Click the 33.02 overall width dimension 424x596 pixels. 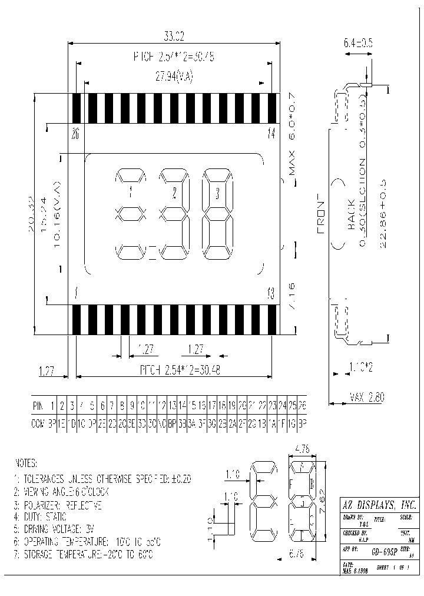click(x=174, y=37)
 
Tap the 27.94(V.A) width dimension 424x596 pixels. click(x=174, y=77)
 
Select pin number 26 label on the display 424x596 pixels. click(x=75, y=134)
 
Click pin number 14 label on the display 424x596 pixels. click(x=270, y=134)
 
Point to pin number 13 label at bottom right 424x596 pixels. click(x=270, y=292)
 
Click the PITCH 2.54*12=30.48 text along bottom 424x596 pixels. click(x=174, y=370)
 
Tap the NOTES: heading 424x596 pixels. click(x=28, y=463)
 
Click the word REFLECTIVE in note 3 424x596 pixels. click(x=84, y=505)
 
